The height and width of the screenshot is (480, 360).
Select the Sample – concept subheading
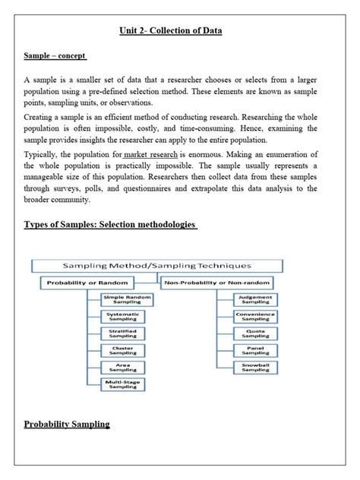click(55, 55)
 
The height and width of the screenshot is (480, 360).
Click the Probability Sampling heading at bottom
click(67, 424)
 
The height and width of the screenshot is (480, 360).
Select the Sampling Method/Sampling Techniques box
click(157, 266)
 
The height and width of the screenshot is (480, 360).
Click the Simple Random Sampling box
click(122, 298)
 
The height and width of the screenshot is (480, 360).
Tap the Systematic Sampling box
click(122, 316)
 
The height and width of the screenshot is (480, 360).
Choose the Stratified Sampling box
click(122, 333)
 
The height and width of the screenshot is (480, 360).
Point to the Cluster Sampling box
click(122, 350)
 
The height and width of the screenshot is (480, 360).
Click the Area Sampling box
click(122, 367)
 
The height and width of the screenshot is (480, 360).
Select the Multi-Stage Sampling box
click(122, 384)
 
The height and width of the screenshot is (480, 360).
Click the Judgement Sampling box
click(255, 298)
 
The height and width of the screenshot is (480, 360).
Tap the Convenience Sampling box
click(255, 316)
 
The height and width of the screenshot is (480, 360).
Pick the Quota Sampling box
click(255, 333)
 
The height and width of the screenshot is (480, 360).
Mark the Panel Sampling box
click(255, 350)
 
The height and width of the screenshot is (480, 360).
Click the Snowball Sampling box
click(255, 368)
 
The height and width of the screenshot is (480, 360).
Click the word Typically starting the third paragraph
click(42, 154)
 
